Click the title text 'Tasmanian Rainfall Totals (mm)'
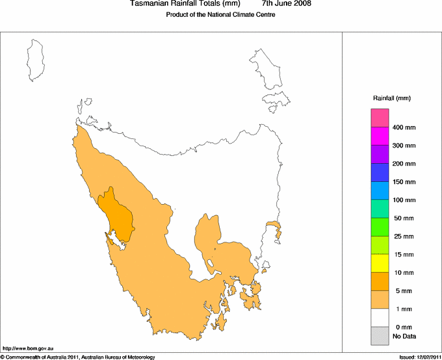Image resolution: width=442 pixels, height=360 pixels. pyautogui.click(x=185, y=4)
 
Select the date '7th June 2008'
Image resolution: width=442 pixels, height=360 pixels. pyautogui.click(x=285, y=4)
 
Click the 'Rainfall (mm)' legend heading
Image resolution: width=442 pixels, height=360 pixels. pyautogui.click(x=392, y=98)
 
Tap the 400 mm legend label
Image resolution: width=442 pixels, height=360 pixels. pyautogui.click(x=404, y=127)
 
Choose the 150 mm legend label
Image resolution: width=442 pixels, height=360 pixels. pyautogui.click(x=404, y=182)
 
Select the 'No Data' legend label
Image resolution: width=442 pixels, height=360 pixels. pyautogui.click(x=404, y=336)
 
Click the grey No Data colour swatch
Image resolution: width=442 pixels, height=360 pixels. pyautogui.click(x=380, y=336)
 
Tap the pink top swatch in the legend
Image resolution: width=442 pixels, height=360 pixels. pyautogui.click(x=380, y=118)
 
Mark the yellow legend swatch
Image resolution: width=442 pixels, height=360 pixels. pyautogui.click(x=380, y=263)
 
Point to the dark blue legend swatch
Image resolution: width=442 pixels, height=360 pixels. pyautogui.click(x=380, y=172)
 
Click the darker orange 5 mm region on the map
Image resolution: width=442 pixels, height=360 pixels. pyautogui.click(x=118, y=214)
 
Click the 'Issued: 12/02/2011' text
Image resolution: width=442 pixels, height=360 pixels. pyautogui.click(x=419, y=357)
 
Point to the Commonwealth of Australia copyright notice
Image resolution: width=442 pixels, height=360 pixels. pyautogui.click(x=78, y=357)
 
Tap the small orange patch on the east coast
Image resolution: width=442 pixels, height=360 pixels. pyautogui.click(x=276, y=228)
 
